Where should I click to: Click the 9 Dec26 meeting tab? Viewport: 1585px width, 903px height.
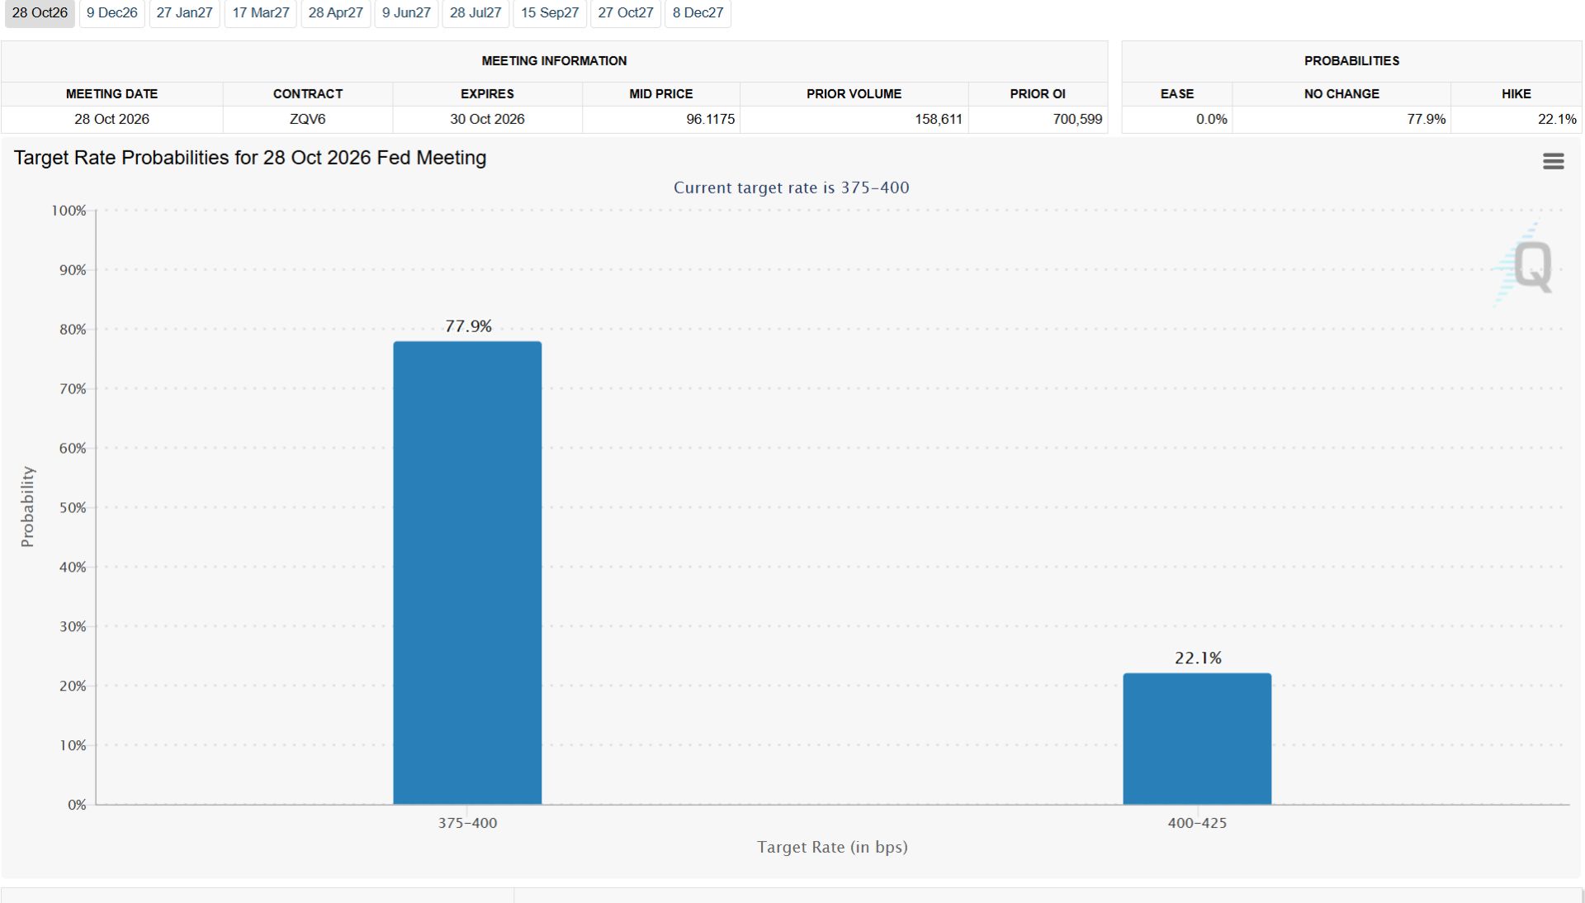click(112, 13)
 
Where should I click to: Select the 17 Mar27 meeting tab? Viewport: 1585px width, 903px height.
click(261, 13)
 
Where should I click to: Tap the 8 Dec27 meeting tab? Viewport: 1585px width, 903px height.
click(698, 13)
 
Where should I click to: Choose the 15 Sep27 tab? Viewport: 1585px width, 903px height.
click(550, 13)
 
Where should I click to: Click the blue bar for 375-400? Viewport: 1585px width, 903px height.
click(467, 573)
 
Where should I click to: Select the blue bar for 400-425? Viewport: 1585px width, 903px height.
click(1197, 739)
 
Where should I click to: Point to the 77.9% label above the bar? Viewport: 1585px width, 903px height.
click(468, 326)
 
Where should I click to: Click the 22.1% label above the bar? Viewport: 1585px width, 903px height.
click(1198, 658)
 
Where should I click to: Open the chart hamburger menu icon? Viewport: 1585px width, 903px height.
click(1553, 161)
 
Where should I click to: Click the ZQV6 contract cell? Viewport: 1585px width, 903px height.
click(307, 119)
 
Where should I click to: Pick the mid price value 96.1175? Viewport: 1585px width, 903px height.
click(710, 119)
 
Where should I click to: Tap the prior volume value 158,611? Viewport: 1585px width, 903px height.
click(938, 119)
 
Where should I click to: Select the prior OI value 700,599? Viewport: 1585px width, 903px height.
click(1077, 119)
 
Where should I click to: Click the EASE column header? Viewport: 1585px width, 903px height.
click(1176, 94)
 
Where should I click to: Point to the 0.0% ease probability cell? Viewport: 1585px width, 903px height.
click(1211, 119)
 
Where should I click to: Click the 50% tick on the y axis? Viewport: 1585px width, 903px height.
click(73, 508)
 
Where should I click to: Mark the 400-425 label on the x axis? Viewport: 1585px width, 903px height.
click(1197, 823)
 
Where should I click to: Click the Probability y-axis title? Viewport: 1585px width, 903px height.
click(27, 506)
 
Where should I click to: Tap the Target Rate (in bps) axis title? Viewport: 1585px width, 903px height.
click(832, 847)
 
